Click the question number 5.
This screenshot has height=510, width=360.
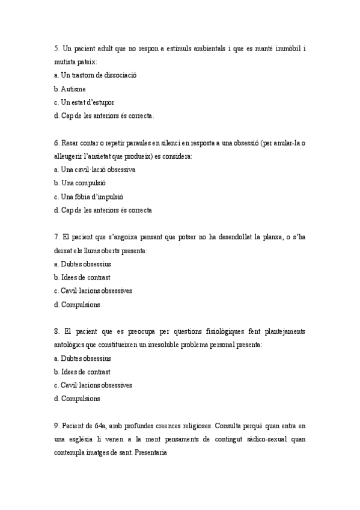[56, 48]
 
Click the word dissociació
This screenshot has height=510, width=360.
[119, 75]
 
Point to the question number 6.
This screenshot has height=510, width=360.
[56, 143]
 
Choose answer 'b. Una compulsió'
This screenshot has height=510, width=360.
[79, 183]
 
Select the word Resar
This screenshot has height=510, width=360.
[70, 143]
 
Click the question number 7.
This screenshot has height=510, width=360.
[56, 238]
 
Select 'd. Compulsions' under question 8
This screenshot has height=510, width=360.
[77, 399]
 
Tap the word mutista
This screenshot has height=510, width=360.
[66, 61]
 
